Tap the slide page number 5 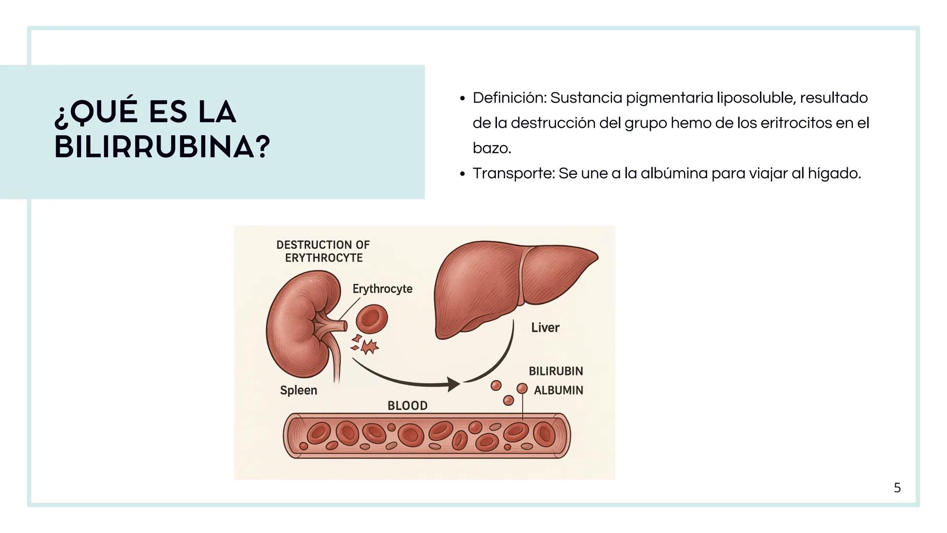click(897, 488)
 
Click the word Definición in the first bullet click(508, 98)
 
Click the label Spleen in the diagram click(299, 390)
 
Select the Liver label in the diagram click(545, 327)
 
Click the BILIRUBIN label click(556, 371)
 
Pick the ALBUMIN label click(558, 390)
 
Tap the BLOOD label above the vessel click(407, 406)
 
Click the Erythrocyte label click(382, 289)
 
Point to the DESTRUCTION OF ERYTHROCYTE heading click(323, 251)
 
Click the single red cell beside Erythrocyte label click(372, 319)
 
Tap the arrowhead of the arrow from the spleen click(453, 384)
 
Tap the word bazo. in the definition click(492, 148)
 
